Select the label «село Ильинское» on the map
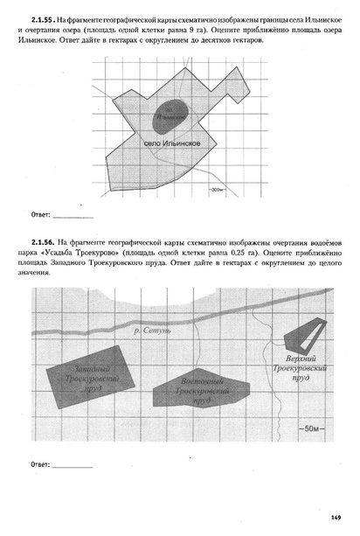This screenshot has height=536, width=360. [172, 143]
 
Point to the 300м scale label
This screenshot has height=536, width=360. [218, 188]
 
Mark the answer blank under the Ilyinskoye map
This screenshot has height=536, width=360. [73, 213]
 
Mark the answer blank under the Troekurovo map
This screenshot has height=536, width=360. [73, 463]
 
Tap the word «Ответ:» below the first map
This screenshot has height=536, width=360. [40, 213]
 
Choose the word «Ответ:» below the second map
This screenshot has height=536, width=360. [40, 463]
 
